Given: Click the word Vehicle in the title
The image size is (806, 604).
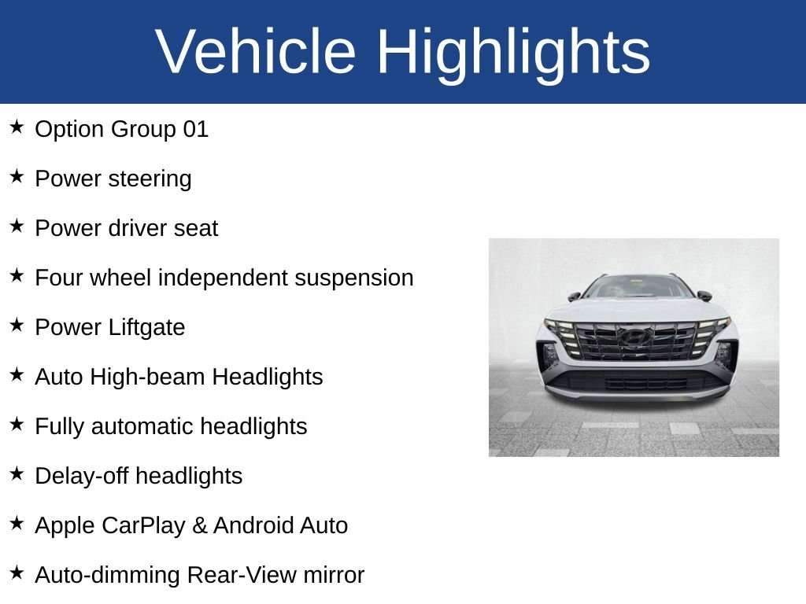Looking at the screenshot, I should pyautogui.click(x=256, y=52).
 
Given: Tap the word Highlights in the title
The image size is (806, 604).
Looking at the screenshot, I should pyautogui.click(x=513, y=52).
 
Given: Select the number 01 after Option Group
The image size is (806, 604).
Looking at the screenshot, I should pyautogui.click(x=195, y=129).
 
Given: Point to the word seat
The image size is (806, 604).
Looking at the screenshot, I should pyautogui.click(x=198, y=229).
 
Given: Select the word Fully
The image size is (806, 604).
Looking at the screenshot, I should pyautogui.click(x=60, y=427).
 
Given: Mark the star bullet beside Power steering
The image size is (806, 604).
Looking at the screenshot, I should pyautogui.click(x=17, y=177).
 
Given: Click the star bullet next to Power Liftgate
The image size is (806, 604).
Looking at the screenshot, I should pyautogui.click(x=17, y=326).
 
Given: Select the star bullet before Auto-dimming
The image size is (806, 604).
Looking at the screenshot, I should pyautogui.click(x=17, y=573).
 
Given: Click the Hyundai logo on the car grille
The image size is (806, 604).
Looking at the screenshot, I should pyautogui.click(x=634, y=337).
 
